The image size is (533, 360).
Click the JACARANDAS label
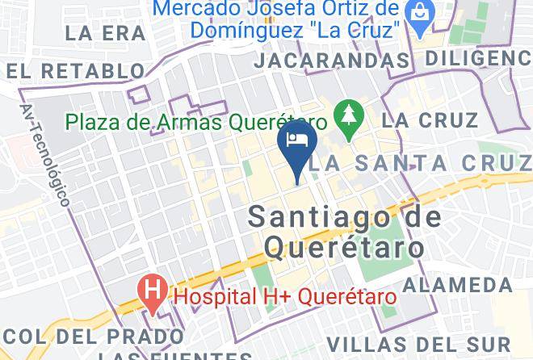click(331, 61)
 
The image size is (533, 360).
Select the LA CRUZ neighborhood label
click(431, 120)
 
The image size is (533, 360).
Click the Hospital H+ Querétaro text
click(286, 296)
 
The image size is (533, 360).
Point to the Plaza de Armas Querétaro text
click(196, 123)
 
